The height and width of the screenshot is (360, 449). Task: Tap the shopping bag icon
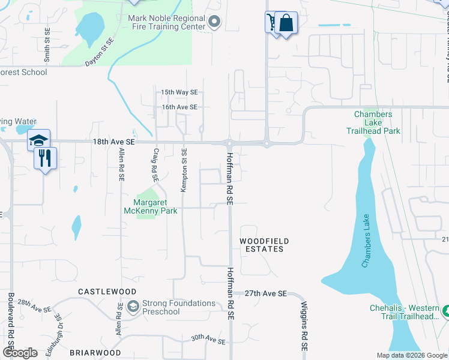click(286, 23)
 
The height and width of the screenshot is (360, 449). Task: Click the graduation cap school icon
click(38, 140)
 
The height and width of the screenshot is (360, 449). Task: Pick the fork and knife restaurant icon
click(46, 158)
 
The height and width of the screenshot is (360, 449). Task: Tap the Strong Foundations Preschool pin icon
click(133, 307)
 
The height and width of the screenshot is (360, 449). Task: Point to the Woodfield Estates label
click(264, 245)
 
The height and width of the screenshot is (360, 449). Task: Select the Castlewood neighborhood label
click(107, 291)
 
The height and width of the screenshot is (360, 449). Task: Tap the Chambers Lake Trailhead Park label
click(373, 122)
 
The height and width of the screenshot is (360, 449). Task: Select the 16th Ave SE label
click(179, 107)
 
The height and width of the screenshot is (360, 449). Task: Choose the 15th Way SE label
click(179, 92)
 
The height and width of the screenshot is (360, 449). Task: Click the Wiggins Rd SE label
click(304, 326)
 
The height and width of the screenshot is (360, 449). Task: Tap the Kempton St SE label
click(184, 170)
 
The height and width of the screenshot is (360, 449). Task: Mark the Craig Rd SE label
click(155, 166)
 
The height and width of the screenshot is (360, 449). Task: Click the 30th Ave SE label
click(208, 340)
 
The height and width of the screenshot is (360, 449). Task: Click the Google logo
click(20, 353)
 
